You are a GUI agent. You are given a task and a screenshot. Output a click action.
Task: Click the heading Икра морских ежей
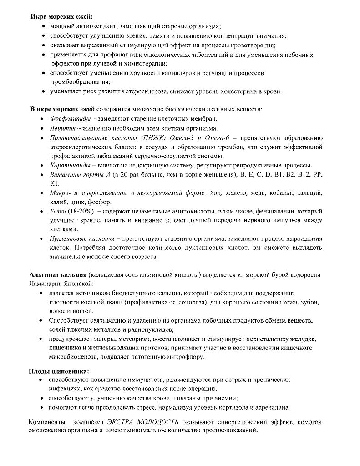pyautogui.click(x=61, y=17)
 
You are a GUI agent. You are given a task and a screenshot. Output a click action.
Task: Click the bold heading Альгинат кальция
pyautogui.click(x=58, y=275)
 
